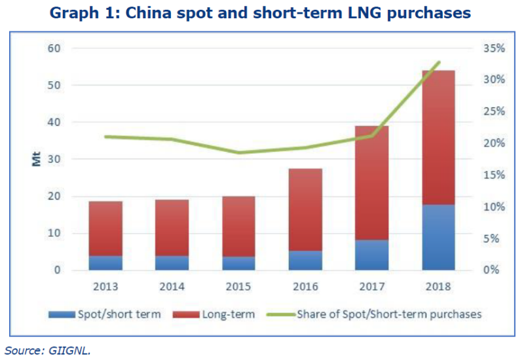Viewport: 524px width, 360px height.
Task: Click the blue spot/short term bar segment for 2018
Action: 438,237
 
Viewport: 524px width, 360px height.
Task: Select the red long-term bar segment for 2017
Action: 371,183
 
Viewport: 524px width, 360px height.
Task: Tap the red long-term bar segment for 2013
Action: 106,228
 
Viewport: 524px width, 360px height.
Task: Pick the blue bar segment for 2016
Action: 305,260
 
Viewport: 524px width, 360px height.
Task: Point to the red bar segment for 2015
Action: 239,226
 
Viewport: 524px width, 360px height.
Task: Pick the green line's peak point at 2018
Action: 438,62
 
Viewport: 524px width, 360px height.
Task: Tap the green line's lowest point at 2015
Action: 239,153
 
